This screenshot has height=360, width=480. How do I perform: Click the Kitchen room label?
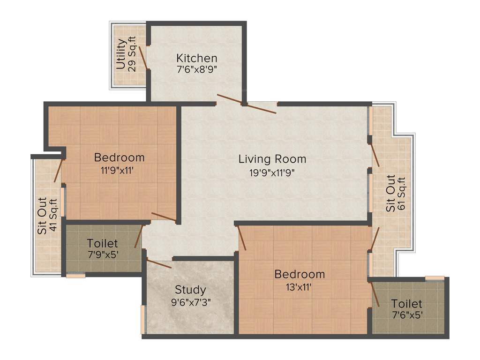tap(196, 58)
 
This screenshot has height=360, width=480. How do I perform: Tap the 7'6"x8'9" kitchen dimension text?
tap(196, 69)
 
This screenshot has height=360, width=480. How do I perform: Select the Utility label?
tap(121, 54)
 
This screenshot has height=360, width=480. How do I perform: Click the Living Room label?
tap(272, 158)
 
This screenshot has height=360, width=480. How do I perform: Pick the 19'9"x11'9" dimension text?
tap(272, 172)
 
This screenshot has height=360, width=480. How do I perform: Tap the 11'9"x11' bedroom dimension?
tap(119, 171)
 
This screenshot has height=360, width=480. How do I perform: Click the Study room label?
tap(190, 289)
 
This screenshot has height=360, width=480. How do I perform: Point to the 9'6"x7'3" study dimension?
tap(190, 302)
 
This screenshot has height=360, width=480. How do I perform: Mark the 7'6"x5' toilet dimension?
tap(407, 315)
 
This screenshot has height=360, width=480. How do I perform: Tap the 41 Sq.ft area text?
tap(53, 215)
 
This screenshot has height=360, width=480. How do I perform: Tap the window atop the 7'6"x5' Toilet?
tap(435, 278)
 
